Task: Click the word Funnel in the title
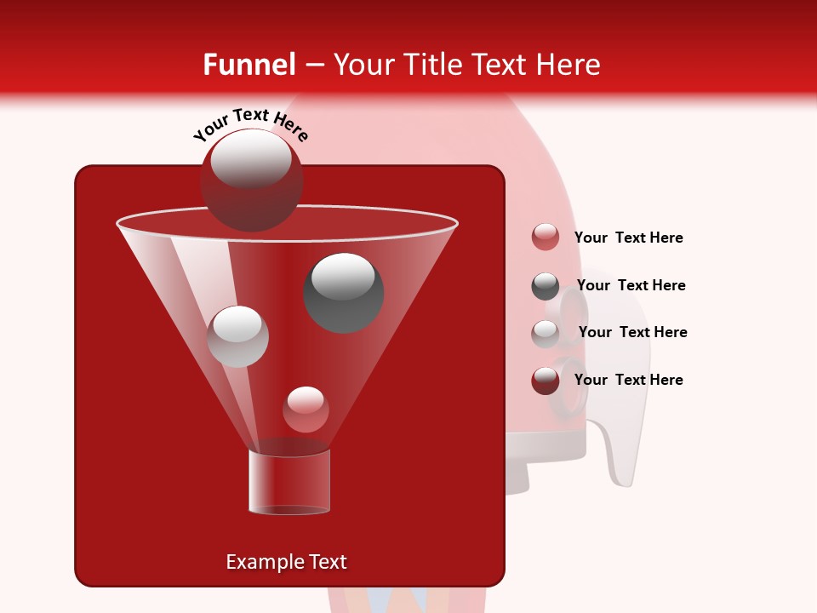click(x=249, y=65)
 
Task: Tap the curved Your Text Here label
click(x=250, y=124)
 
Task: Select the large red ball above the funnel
click(x=251, y=180)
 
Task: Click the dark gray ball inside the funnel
click(x=344, y=292)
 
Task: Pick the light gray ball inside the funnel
click(x=238, y=336)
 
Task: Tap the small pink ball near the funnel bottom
click(x=306, y=410)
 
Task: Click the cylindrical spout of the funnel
click(x=289, y=482)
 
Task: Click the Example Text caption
click(x=286, y=562)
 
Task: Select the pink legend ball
click(x=546, y=238)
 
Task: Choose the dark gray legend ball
click(x=546, y=286)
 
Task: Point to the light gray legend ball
click(x=546, y=333)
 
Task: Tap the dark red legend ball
click(x=546, y=381)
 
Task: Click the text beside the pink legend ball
click(x=628, y=238)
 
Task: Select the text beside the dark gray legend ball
click(x=631, y=285)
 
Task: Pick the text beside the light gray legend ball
click(x=632, y=332)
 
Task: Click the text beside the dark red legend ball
click(x=628, y=380)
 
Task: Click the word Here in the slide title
click(x=568, y=65)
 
